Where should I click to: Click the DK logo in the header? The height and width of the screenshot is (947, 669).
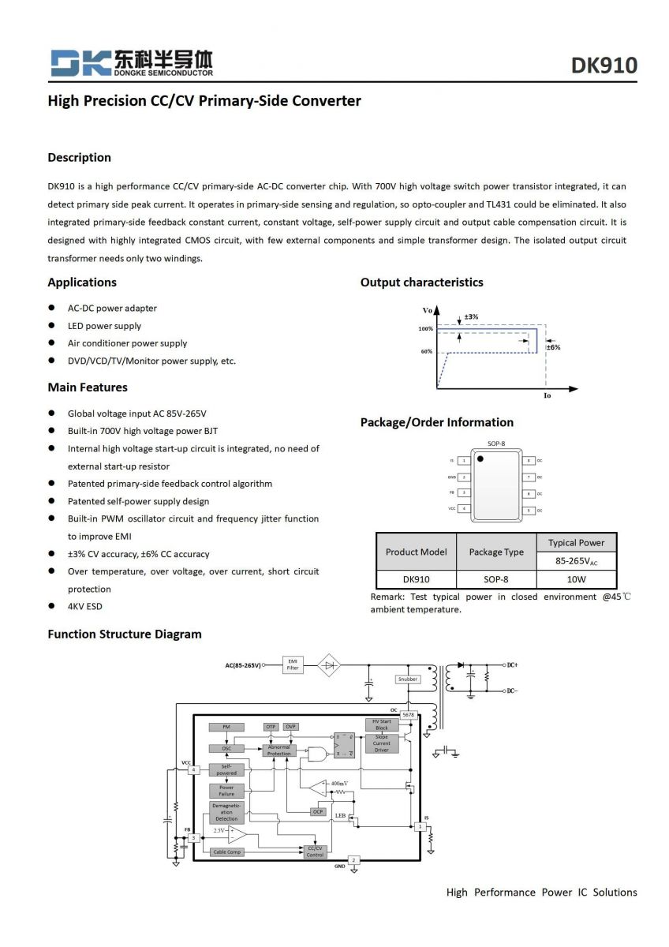(79, 62)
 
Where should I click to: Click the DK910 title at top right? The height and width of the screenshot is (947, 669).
(604, 66)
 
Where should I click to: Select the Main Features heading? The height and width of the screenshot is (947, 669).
(87, 387)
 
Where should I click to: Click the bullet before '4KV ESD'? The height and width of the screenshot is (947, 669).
(51, 606)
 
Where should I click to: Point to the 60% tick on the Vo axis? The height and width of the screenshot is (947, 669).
(426, 351)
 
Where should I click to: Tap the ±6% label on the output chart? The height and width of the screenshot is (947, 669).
(553, 347)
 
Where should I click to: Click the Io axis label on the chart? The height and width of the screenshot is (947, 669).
(548, 395)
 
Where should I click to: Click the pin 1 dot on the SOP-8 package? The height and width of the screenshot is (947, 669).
(480, 459)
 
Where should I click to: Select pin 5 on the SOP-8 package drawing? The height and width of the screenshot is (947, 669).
(529, 511)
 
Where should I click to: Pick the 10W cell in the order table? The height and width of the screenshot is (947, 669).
(577, 578)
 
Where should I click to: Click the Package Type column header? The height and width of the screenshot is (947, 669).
(496, 552)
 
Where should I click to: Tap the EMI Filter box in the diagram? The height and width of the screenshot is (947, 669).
(293, 665)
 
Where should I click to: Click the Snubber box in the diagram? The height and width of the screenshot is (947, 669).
(408, 679)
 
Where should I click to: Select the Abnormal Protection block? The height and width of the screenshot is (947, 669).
(279, 750)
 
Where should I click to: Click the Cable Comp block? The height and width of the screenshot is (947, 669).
(226, 852)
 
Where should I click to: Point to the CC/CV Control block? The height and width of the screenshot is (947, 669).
(315, 852)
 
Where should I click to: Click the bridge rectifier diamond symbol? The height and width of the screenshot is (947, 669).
(331, 665)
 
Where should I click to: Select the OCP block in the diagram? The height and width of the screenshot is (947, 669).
(318, 811)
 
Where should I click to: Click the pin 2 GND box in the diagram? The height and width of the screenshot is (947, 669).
(354, 859)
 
